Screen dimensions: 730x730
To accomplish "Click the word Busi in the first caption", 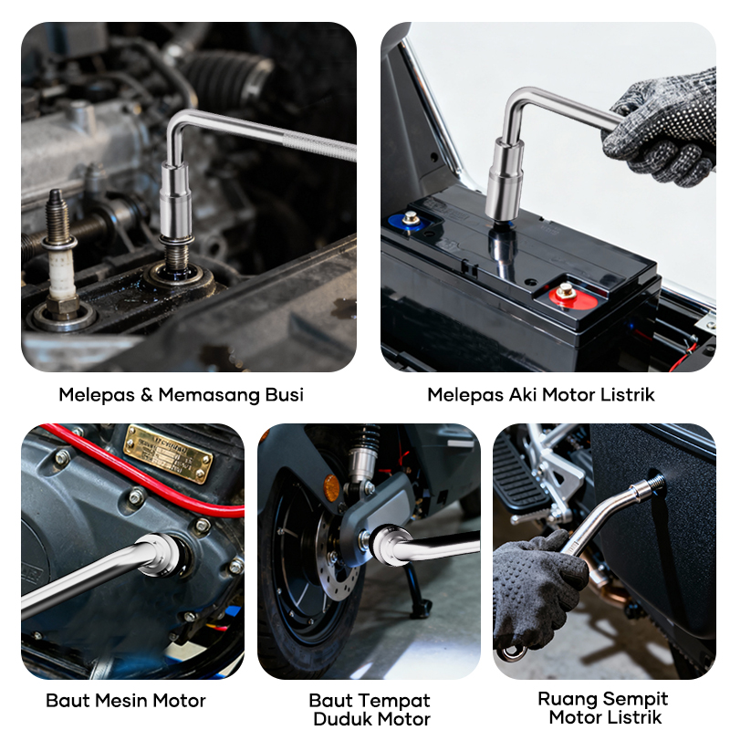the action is pyautogui.click(x=285, y=395).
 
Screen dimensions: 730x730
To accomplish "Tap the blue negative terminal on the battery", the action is pyautogui.click(x=408, y=221).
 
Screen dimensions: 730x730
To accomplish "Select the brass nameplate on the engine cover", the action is pyautogui.click(x=168, y=454).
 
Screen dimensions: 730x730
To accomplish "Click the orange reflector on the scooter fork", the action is pyautogui.click(x=331, y=488).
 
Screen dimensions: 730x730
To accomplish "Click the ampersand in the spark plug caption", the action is pyautogui.click(x=146, y=395).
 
